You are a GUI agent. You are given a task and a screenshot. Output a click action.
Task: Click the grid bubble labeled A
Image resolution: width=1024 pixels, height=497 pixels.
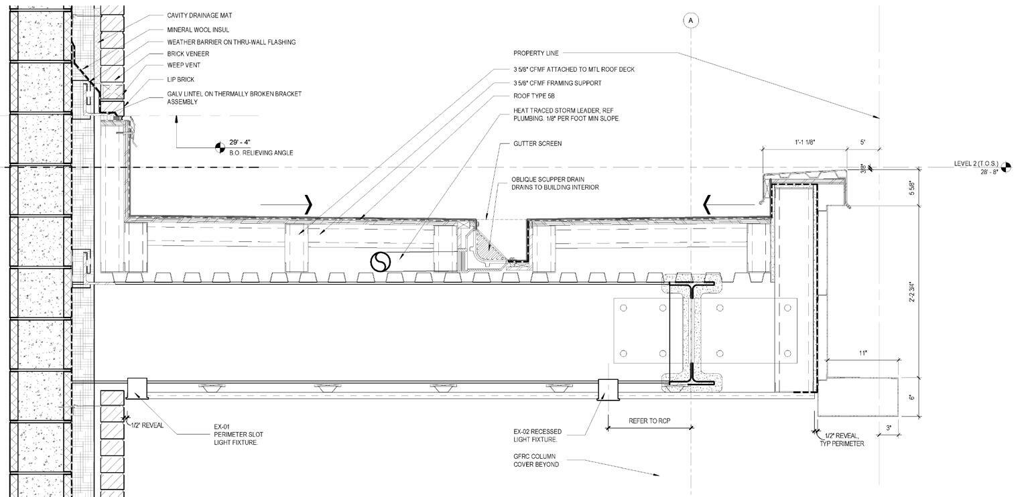691,21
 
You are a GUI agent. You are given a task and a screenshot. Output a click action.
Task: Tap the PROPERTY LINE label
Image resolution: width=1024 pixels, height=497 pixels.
535,53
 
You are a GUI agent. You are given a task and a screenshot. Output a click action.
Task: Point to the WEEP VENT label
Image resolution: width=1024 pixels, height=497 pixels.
184,66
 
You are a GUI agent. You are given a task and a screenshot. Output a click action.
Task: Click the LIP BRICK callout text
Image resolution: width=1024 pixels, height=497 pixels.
181,80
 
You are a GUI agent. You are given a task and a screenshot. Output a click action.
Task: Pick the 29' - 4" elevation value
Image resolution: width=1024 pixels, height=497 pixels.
240,143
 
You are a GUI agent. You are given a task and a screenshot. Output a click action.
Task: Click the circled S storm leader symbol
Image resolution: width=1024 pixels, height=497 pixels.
380,262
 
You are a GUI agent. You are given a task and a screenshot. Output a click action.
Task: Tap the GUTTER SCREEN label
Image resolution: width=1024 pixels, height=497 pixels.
537,144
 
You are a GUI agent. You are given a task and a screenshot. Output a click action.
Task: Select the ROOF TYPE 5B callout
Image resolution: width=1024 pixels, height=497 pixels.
534,96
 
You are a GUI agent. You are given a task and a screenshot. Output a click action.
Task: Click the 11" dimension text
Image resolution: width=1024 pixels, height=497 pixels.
863,352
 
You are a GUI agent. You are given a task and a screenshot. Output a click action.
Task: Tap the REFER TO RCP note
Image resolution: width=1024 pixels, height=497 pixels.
649,421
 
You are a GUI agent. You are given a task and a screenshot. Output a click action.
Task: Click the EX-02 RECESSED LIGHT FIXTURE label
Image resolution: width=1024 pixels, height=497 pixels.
537,435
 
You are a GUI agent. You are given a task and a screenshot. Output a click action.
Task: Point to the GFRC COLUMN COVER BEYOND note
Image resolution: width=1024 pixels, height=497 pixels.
535,461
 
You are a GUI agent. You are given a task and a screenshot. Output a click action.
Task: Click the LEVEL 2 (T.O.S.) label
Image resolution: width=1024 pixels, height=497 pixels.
976,164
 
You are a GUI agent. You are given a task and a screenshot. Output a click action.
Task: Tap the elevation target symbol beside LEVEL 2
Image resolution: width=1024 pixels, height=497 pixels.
1006,167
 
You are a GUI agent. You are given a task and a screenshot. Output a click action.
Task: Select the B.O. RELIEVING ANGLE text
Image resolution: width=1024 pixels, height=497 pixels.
261,153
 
